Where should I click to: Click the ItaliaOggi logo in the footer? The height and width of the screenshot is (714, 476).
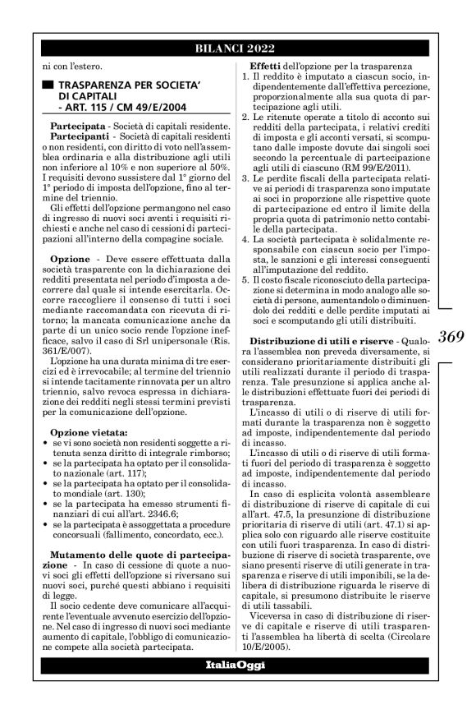click(x=237, y=665)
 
